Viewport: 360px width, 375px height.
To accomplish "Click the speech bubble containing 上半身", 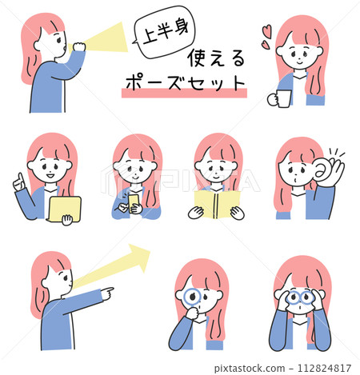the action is click(165, 32).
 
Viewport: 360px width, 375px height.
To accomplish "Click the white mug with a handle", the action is click(280, 98).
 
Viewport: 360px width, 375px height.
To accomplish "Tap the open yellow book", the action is click(217, 205).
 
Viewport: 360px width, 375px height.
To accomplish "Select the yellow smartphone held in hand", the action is click(134, 203).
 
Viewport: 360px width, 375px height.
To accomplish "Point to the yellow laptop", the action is click(65, 209).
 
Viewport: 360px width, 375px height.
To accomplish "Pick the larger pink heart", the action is click(266, 31).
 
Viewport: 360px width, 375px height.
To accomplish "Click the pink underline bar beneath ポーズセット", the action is click(184, 93).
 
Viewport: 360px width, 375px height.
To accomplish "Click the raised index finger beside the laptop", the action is click(20, 178).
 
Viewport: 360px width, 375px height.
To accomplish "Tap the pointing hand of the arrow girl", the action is click(107, 293).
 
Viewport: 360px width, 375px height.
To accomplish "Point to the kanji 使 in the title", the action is click(198, 58).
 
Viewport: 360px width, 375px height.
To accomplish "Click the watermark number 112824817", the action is click(324, 368).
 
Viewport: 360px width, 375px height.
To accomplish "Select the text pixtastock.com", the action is click(250, 369).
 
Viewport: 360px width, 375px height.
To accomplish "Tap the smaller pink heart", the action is click(266, 45).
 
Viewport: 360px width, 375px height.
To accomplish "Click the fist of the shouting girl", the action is click(79, 46).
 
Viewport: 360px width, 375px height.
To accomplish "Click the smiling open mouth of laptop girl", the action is click(50, 176).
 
